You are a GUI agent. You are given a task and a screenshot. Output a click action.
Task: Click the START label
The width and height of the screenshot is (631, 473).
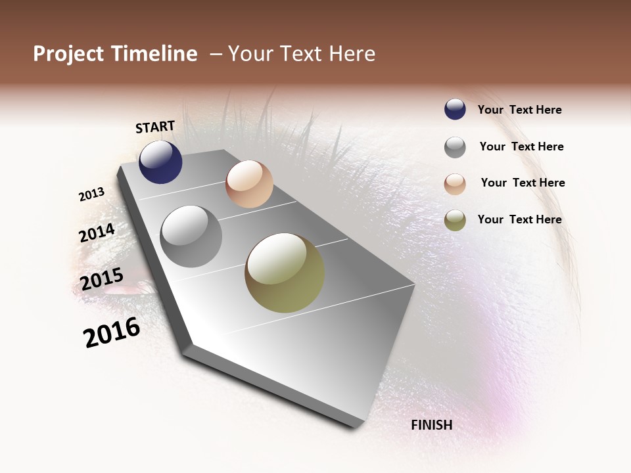pyautogui.click(x=155, y=127)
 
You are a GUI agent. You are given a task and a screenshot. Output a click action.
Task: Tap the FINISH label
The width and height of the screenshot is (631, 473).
pyautogui.click(x=431, y=425)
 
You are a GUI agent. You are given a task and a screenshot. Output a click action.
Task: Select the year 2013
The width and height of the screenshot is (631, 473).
pyautogui.click(x=92, y=194)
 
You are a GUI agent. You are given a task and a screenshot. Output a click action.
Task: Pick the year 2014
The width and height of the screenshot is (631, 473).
pyautogui.click(x=97, y=233)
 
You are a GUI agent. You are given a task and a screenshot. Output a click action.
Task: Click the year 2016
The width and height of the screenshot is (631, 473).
pyautogui.click(x=112, y=332)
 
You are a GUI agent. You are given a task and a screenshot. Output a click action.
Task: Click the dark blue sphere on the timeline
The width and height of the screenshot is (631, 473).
pyautogui.click(x=160, y=162)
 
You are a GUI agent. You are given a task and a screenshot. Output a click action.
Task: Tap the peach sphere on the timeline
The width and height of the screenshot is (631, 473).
pyautogui.click(x=249, y=184)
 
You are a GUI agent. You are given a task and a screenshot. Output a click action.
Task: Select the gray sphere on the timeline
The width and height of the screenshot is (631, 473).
pyautogui.click(x=191, y=236)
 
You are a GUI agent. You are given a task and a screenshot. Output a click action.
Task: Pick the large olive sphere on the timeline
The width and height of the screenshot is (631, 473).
pyautogui.click(x=285, y=273)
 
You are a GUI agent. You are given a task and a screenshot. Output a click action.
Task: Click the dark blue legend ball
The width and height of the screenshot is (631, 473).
pyautogui.click(x=455, y=110)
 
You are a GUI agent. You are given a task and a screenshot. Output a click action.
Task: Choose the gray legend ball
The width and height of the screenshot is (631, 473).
pyautogui.click(x=455, y=147)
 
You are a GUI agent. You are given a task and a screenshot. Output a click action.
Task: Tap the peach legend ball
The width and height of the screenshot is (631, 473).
pyautogui.click(x=455, y=184)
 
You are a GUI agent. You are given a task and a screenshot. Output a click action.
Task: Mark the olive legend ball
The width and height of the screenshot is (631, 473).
pyautogui.click(x=455, y=220)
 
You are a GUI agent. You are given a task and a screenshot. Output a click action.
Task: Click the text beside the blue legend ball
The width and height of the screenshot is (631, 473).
pyautogui.click(x=519, y=110)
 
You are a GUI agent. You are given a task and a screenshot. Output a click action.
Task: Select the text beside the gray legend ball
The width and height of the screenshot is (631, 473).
pyautogui.click(x=521, y=146)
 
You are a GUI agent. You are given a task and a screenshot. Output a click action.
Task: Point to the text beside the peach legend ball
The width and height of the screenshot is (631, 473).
pyautogui.click(x=523, y=183)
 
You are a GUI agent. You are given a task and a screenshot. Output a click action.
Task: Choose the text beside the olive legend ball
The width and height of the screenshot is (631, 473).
pyautogui.click(x=519, y=219)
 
